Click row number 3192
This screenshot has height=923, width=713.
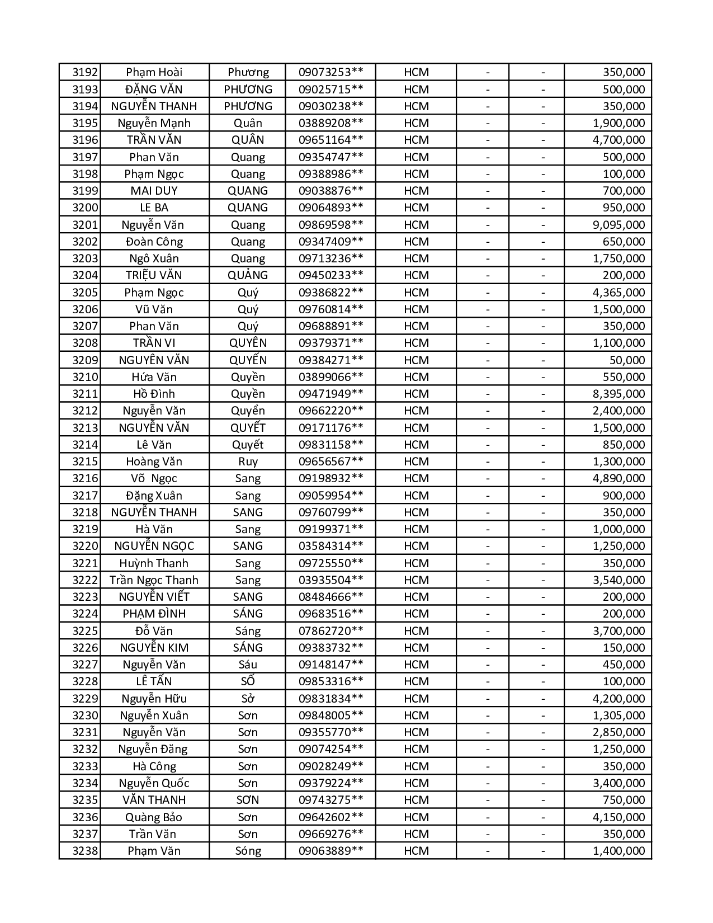coord(85,72)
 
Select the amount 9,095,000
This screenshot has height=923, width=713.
coord(618,225)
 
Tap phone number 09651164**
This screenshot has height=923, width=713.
coord(330,140)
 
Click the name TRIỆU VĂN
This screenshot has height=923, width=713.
coord(154,275)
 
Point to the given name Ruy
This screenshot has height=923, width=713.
coord(248,462)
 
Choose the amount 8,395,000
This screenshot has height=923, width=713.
coord(618,394)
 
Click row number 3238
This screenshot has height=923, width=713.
coord(85,851)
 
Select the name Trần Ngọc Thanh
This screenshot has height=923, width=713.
coord(154,580)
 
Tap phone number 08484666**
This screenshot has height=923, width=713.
coord(330,597)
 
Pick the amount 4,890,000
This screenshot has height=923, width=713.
coord(618,478)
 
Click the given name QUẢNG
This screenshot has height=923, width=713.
coord(248,275)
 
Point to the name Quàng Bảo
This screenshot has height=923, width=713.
coord(154,817)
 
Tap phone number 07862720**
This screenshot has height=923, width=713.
coord(330,631)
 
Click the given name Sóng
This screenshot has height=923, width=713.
coord(248,851)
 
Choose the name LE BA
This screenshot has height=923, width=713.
coord(154,208)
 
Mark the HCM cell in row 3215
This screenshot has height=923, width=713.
coord(416,462)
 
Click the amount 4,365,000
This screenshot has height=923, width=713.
coord(618,293)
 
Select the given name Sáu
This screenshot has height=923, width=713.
coord(248,665)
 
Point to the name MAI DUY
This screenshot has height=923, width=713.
coord(154,191)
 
